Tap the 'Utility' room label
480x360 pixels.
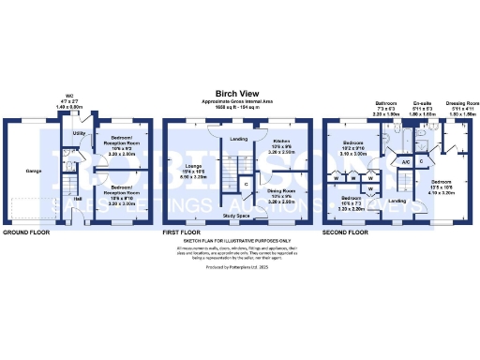[80, 134]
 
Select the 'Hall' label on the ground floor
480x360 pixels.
[78, 199]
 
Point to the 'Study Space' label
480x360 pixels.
[236, 216]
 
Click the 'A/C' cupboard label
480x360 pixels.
[406, 162]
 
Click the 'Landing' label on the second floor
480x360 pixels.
[397, 201]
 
